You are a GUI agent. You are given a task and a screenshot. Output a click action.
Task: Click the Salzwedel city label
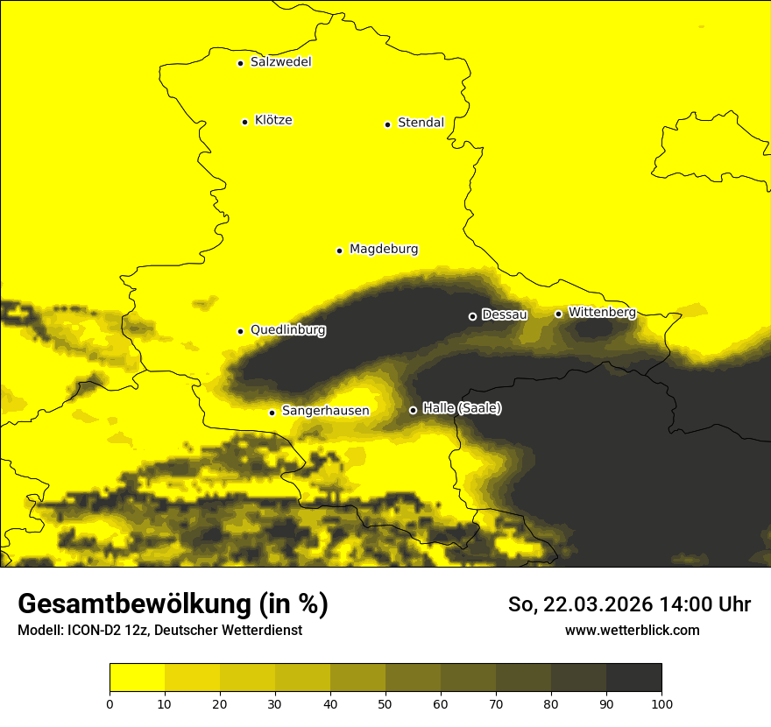[280, 62]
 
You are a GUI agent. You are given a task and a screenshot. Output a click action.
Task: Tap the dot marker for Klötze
[244, 122]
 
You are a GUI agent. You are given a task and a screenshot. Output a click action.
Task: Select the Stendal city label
[421, 123]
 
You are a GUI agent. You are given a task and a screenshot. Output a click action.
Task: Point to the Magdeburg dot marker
[339, 251]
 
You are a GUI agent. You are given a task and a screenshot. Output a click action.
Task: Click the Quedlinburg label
[287, 330]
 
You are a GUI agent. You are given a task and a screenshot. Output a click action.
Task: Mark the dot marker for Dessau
[472, 316]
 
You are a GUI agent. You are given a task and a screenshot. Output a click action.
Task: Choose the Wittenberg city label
[601, 313]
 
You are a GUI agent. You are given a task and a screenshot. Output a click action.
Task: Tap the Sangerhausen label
[325, 411]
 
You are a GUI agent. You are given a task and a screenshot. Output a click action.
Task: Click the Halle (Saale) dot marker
[413, 410]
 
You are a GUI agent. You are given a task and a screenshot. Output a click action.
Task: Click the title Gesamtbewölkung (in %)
[173, 604]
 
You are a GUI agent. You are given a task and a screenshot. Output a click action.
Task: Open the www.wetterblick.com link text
[632, 630]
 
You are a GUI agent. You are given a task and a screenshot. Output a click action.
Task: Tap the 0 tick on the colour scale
[110, 703]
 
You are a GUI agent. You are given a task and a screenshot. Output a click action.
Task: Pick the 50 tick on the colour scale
[385, 703]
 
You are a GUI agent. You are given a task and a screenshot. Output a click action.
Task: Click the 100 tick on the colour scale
[661, 703]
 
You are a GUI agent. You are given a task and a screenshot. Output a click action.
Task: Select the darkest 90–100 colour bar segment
[633, 678]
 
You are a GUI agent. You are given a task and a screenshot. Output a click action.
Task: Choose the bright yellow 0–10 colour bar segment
[137, 678]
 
